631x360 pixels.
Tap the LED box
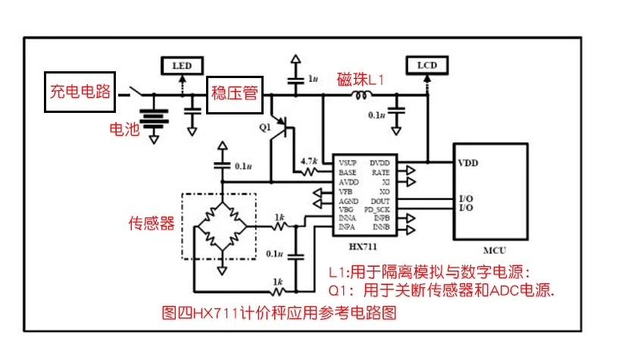click(x=182, y=66)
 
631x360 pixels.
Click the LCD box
click(x=426, y=66)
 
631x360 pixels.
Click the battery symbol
click(x=155, y=121)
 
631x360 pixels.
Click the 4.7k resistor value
click(x=308, y=161)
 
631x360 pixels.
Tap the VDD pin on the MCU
click(x=468, y=162)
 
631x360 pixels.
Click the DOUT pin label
click(x=380, y=200)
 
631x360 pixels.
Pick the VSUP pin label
click(x=348, y=163)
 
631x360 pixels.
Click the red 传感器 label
click(x=152, y=224)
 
